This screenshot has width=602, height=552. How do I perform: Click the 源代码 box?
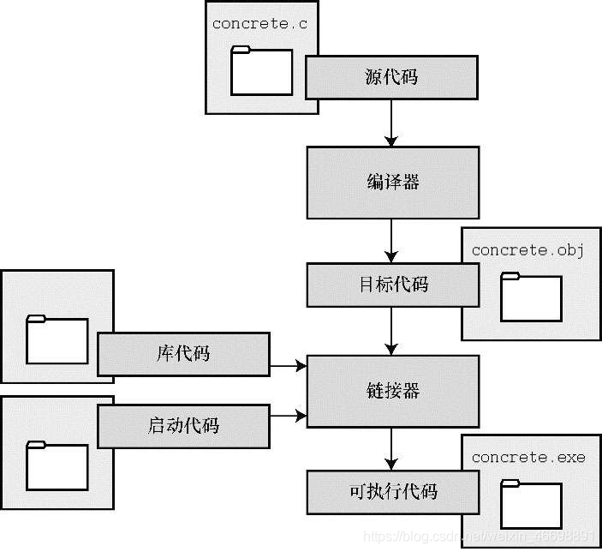[391, 77]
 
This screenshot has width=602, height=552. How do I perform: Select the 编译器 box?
[391, 182]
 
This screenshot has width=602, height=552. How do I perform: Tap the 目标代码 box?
[391, 285]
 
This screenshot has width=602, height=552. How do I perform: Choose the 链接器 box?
[391, 392]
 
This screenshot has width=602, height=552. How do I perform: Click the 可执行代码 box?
[391, 491]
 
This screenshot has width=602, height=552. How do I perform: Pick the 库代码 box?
[184, 354]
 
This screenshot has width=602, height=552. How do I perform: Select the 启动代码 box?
[184, 425]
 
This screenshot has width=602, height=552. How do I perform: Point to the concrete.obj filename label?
[527, 250]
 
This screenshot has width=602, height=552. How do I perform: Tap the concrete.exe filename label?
[528, 457]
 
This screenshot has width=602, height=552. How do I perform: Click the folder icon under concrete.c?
[261, 71]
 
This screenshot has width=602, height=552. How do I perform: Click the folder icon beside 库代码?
[57, 339]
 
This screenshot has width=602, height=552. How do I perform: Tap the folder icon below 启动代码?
[57, 465]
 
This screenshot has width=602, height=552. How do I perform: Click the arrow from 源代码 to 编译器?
[391, 123]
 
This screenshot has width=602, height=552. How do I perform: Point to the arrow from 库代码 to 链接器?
[289, 367]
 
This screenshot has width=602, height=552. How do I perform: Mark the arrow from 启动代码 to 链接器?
[289, 416]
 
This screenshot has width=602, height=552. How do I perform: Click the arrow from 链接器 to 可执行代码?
[391, 448]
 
